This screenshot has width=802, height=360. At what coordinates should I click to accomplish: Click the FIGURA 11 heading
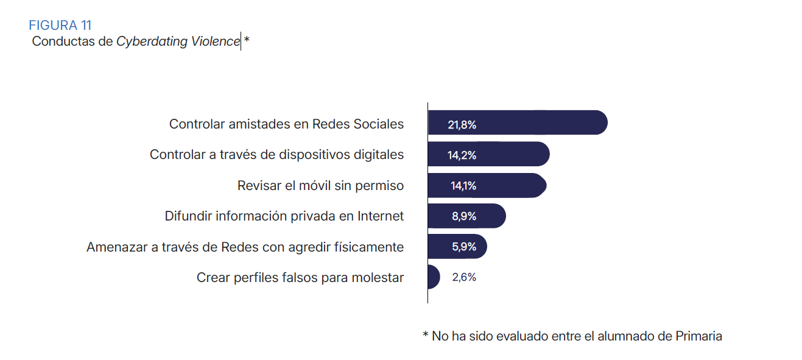point(60,25)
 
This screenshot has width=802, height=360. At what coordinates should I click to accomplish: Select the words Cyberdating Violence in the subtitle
point(178,41)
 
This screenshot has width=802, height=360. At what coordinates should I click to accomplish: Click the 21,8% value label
point(462,125)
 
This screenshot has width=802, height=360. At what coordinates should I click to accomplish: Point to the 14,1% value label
point(463,186)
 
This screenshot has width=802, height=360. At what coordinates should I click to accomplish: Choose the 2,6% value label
point(464,277)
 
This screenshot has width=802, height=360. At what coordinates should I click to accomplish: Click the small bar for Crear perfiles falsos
point(433,277)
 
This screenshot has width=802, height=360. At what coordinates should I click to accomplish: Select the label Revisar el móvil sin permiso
point(320,185)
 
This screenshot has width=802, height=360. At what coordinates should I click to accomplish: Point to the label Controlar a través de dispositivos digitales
point(276,155)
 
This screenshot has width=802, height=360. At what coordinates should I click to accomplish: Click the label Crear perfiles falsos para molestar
point(300,277)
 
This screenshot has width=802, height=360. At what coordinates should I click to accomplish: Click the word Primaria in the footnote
point(698,336)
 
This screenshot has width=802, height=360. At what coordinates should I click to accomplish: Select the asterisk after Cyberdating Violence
point(247,41)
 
